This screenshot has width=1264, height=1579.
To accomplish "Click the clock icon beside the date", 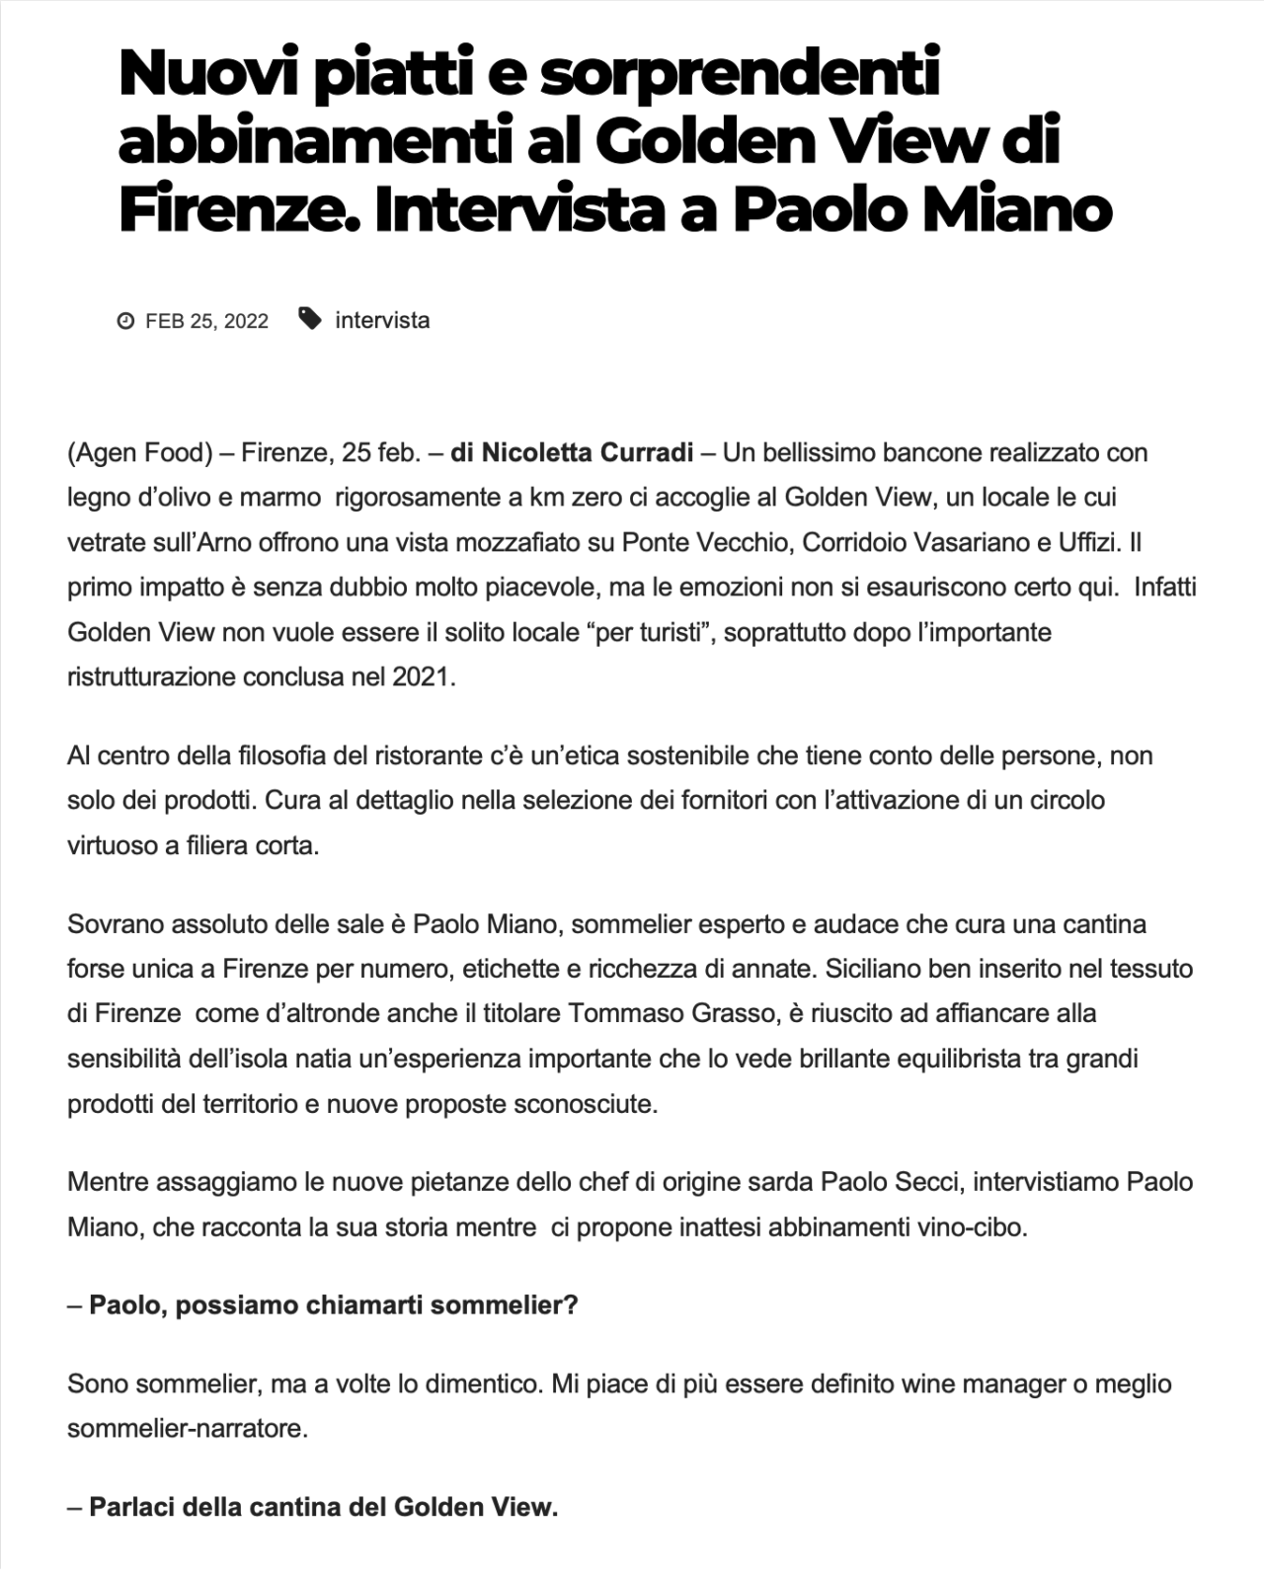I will pyautogui.click(x=125, y=321).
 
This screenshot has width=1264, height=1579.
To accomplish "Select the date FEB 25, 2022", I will pyautogui.click(x=206, y=321).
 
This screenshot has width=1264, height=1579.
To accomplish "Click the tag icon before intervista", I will pyautogui.click(x=310, y=319).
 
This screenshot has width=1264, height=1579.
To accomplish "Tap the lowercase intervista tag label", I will pyautogui.click(x=382, y=320).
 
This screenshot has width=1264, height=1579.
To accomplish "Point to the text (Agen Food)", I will pyautogui.click(x=140, y=453).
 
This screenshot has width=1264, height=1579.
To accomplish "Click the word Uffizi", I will pyautogui.click(x=1090, y=542).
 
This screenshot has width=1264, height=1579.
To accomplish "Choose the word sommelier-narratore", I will pyautogui.click(x=186, y=1429).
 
